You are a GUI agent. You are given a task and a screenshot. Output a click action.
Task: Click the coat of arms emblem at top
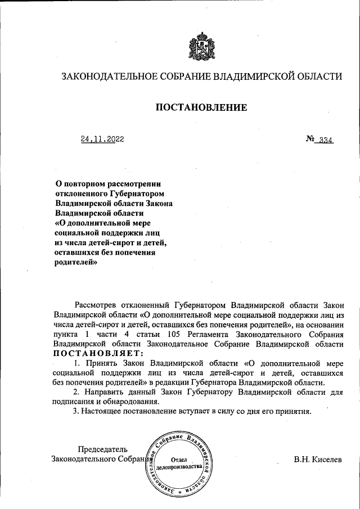coord(201,47)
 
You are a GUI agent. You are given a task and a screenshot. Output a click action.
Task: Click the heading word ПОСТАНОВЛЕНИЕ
coord(201,107)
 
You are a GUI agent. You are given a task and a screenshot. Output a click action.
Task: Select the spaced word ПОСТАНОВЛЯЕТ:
coord(98,353)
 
